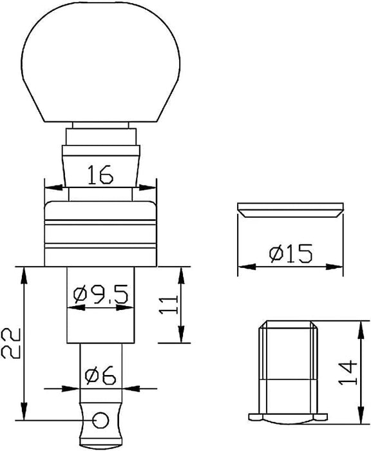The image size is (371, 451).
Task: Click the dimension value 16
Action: click(x=100, y=175)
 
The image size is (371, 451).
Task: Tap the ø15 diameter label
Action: click(x=290, y=253)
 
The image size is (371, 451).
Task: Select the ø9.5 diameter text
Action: click(x=100, y=295)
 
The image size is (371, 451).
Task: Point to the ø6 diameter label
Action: click(x=100, y=375)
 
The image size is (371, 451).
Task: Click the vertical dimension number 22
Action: click(x=10, y=343)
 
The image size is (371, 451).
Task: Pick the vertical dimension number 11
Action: click(x=169, y=305)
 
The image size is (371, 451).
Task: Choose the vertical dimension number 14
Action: click(x=347, y=372)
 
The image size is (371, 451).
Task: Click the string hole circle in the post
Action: click(x=101, y=420)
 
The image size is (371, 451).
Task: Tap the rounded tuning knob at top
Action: click(x=101, y=62)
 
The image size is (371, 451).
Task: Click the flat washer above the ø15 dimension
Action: click(x=290, y=210)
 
